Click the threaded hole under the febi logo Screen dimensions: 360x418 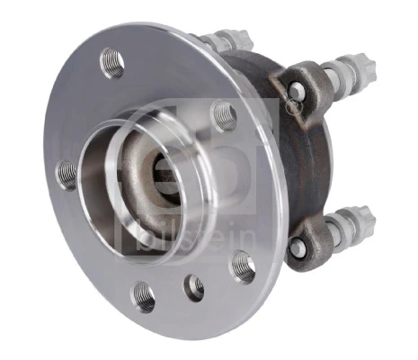coord(224,115)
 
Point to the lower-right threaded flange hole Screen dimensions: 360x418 coord(242,265)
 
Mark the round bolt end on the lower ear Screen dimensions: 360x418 coord(298,246)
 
